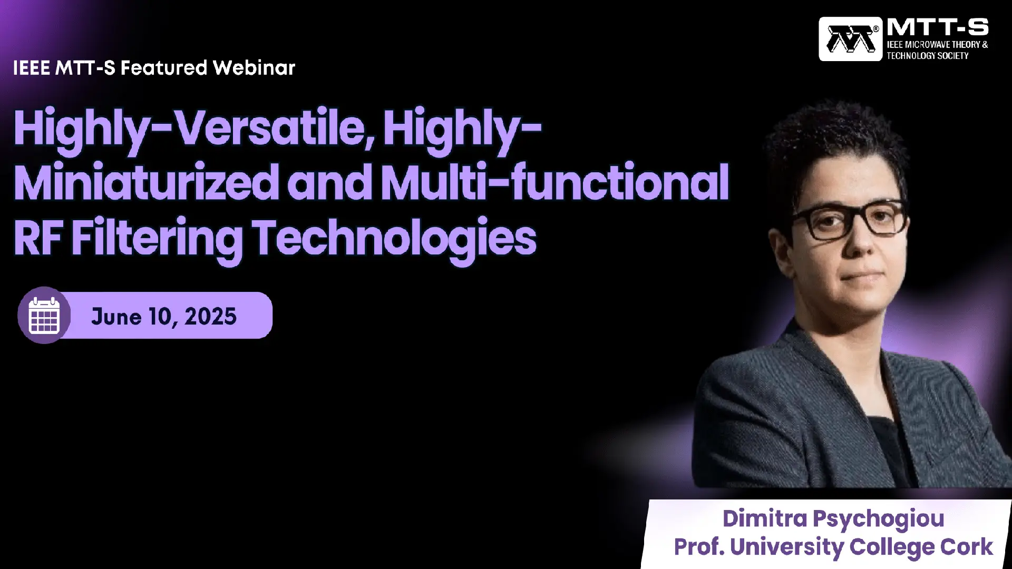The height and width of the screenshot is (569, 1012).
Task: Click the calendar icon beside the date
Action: click(x=44, y=315)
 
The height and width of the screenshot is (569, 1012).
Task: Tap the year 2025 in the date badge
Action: click(x=210, y=316)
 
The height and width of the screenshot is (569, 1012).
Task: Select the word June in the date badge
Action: click(x=116, y=316)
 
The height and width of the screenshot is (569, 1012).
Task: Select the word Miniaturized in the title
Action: click(x=147, y=182)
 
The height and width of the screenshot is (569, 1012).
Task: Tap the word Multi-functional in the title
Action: click(x=555, y=182)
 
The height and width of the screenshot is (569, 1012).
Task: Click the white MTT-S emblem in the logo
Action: click(x=850, y=39)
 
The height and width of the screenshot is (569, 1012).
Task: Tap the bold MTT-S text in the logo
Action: click(x=938, y=27)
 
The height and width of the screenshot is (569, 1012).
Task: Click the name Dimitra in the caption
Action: click(x=765, y=518)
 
